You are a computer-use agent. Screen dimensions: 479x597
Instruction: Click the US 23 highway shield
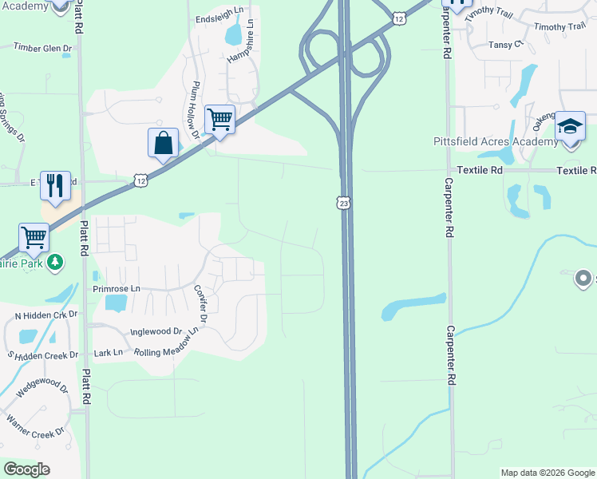pos(343,204)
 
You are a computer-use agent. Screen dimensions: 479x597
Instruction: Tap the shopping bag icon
pos(163,144)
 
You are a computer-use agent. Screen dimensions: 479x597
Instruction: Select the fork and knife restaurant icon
pos(55,186)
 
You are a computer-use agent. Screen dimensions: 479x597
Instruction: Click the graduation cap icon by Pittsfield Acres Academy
pos(571,128)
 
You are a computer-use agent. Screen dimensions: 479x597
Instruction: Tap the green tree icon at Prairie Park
pos(55,262)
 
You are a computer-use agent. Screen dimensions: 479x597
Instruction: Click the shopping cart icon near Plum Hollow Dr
pos(219,120)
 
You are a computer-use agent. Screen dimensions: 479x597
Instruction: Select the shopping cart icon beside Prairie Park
pos(34,237)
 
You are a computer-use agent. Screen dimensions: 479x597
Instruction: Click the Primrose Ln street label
pos(116,288)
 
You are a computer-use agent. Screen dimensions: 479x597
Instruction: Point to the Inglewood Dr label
pos(157,331)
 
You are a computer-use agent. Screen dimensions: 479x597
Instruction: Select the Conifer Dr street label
pos(200,305)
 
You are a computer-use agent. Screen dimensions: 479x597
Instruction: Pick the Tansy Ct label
pos(506,45)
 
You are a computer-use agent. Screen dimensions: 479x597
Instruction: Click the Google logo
pos(28,469)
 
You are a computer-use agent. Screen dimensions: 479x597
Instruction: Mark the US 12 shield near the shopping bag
pos(140,181)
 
